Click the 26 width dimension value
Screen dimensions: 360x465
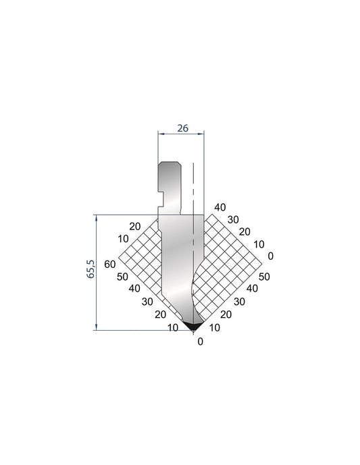point(183,128)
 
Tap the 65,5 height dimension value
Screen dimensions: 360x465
point(91,269)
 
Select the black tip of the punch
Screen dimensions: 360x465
point(193,326)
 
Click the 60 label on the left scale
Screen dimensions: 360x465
point(110,264)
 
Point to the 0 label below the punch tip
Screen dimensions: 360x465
point(201,341)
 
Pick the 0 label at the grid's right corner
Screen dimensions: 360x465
point(270,256)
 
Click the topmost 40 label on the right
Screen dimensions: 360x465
point(220,207)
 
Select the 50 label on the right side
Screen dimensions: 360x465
point(264,277)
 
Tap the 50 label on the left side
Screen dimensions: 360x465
point(122,277)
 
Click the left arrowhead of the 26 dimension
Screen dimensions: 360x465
point(161,134)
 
